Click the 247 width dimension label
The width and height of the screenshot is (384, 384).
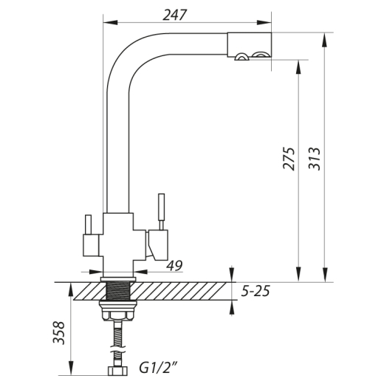click(175, 16)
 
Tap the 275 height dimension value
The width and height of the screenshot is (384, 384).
click(289, 159)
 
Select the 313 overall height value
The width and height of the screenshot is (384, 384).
click(315, 159)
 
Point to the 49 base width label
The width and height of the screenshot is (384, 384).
click(174, 265)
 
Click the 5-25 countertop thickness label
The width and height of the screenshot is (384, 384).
click(256, 291)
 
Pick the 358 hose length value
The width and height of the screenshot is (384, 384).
click(58, 332)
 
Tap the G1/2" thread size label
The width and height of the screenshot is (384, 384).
click(159, 368)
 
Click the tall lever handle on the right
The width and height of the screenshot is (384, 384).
click(161, 212)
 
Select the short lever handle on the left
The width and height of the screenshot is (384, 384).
click(88, 224)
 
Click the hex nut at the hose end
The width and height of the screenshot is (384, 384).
click(118, 371)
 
